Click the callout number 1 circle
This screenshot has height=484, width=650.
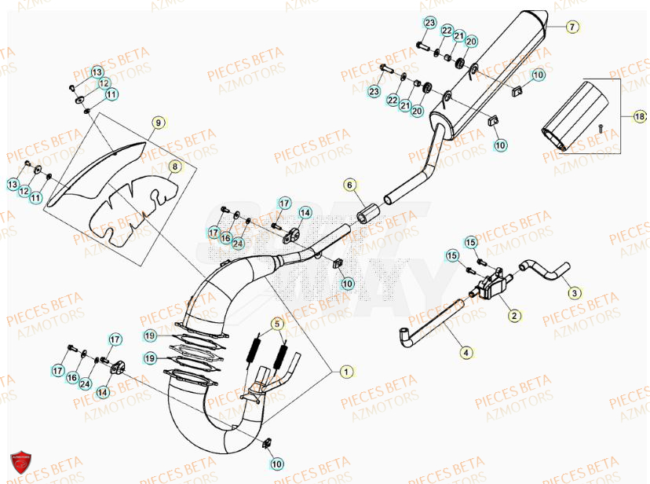[345, 370]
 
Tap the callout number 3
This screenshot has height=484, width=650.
[574, 292]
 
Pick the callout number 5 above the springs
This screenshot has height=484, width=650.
[278, 323]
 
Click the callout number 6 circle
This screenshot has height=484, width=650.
[350, 185]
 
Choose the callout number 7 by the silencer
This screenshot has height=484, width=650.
[571, 27]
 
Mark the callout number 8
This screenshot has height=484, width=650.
[174, 167]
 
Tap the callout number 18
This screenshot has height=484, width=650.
[640, 115]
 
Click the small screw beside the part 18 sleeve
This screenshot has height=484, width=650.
[601, 126]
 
